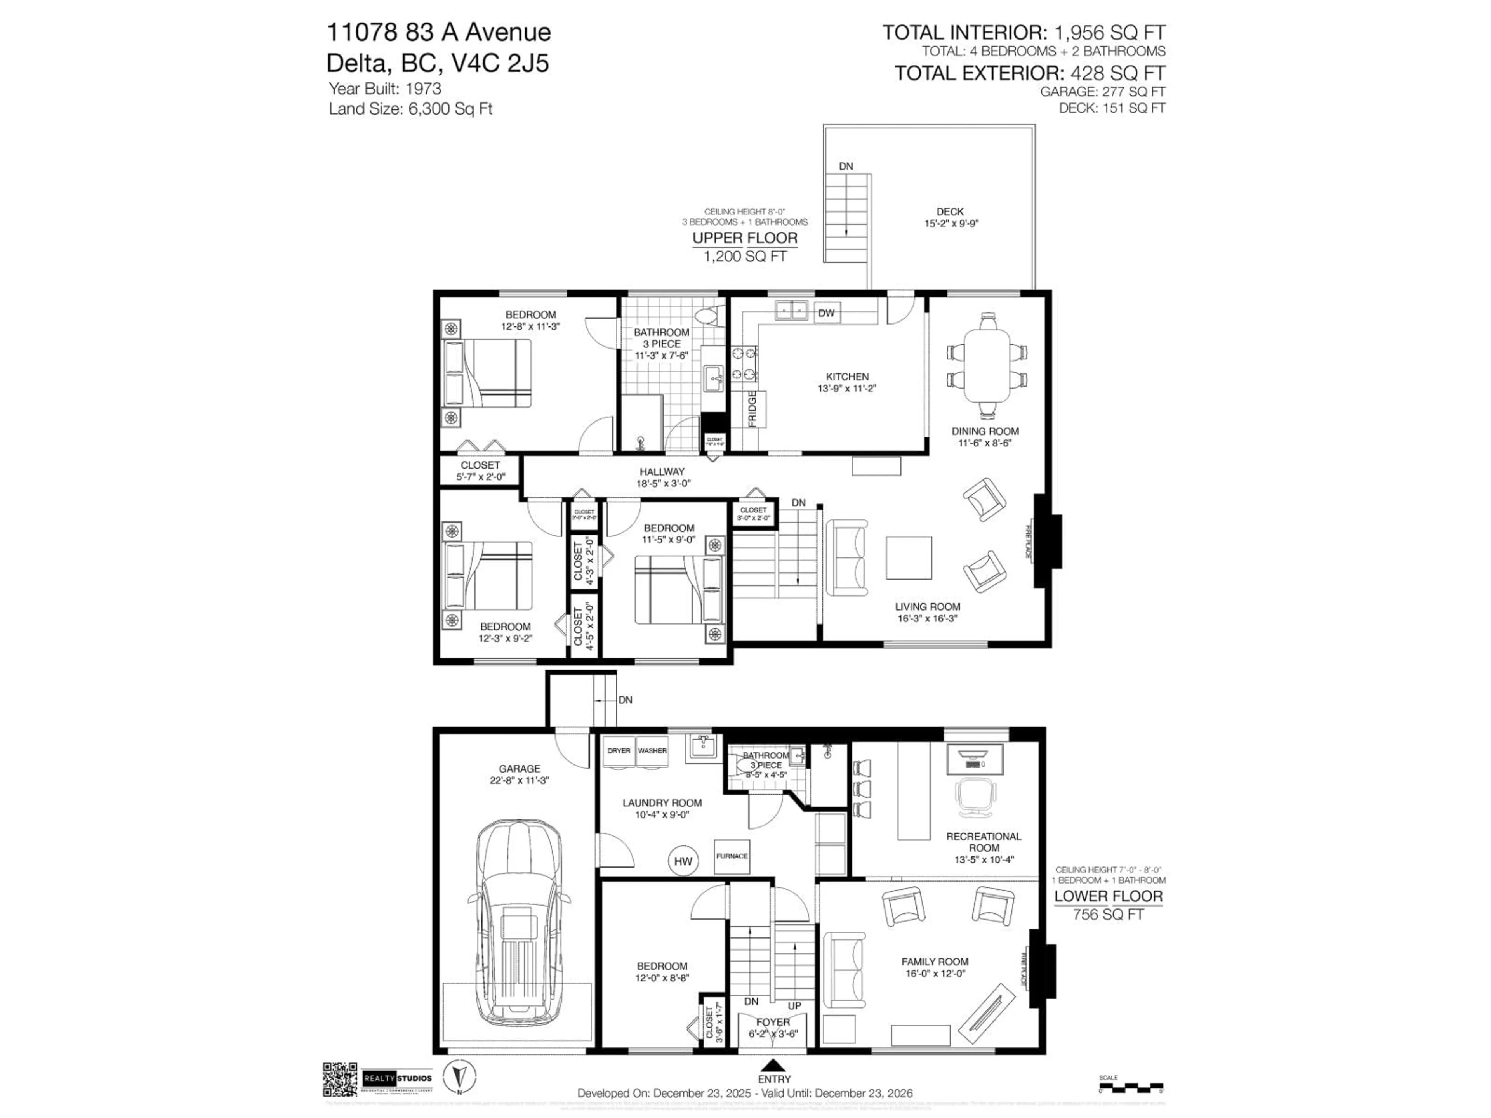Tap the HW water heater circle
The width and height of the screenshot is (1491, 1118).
click(x=683, y=861)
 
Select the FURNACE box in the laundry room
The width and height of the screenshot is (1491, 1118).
click(x=732, y=856)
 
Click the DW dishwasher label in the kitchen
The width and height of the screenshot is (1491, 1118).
click(x=826, y=312)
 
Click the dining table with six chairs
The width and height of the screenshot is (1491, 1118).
click(x=987, y=365)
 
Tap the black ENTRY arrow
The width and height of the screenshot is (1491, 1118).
click(x=774, y=1065)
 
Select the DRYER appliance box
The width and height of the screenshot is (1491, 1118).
click(x=619, y=751)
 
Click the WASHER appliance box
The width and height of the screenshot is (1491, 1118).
click(x=652, y=751)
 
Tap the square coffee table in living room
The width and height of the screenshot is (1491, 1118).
click(x=909, y=557)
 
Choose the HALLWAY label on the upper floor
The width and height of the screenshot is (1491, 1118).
click(x=662, y=472)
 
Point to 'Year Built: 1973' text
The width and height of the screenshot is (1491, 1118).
click(x=385, y=88)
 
